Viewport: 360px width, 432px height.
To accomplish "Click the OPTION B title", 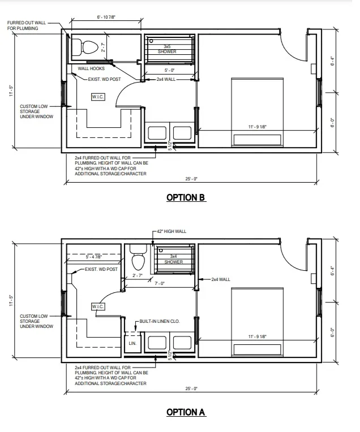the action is pyautogui.click(x=186, y=197).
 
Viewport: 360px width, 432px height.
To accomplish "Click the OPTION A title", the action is pyautogui.click(x=186, y=412).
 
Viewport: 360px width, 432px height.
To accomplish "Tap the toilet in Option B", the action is pyautogui.click(x=85, y=47).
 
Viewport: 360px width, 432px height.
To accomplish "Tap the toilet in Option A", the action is pyautogui.click(x=138, y=257).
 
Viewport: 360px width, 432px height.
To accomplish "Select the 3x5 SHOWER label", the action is pyautogui.click(x=167, y=49).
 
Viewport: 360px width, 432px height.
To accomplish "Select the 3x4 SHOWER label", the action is pyautogui.click(x=174, y=259).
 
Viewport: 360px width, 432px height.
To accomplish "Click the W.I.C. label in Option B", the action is pyautogui.click(x=98, y=97).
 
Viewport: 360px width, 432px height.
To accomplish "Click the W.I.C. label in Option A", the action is pyautogui.click(x=98, y=306).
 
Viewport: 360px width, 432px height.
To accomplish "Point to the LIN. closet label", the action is pyautogui.click(x=132, y=343).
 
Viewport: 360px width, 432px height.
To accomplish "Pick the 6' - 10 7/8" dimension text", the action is pyautogui.click(x=106, y=17).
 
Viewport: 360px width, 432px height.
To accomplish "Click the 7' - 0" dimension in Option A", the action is pyautogui.click(x=160, y=283).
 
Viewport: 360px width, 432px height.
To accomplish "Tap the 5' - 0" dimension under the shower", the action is pyautogui.click(x=169, y=70).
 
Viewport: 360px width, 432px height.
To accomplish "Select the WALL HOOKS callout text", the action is pyautogui.click(x=91, y=68).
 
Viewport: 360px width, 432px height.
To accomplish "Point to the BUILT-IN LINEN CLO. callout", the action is pyautogui.click(x=160, y=321).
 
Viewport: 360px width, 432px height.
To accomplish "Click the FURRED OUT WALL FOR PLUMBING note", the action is pyautogui.click(x=27, y=25).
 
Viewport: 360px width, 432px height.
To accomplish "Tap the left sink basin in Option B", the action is pyautogui.click(x=157, y=133).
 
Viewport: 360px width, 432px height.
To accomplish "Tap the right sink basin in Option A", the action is pyautogui.click(x=182, y=343).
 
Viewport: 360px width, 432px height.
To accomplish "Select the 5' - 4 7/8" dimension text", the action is pyautogui.click(x=94, y=257).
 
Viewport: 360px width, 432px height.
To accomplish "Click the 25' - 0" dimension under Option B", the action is pyautogui.click(x=191, y=179).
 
